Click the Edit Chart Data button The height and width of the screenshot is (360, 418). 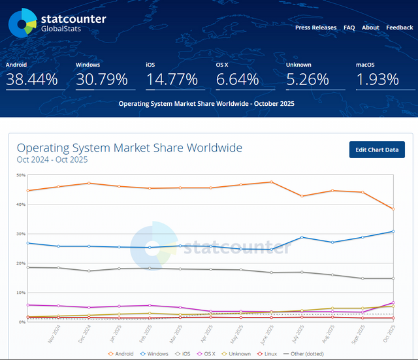[377, 150]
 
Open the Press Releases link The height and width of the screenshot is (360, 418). [315, 27]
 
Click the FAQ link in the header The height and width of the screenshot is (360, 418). [349, 27]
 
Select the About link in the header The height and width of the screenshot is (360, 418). [370, 27]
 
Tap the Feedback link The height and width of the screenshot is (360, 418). [399, 27]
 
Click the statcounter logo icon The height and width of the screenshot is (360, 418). [22, 23]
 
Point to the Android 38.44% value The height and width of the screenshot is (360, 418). [32, 80]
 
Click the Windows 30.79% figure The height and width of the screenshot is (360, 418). [101, 80]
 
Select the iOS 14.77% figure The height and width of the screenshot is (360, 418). [171, 80]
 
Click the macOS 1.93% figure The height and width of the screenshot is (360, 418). [377, 80]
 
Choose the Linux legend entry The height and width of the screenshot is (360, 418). [267, 353]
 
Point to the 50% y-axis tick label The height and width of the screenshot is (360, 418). [21, 175]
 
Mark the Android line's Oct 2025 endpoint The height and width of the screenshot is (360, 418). [392, 209]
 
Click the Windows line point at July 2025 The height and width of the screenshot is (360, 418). [302, 237]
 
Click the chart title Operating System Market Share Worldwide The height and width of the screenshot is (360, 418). [129, 148]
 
